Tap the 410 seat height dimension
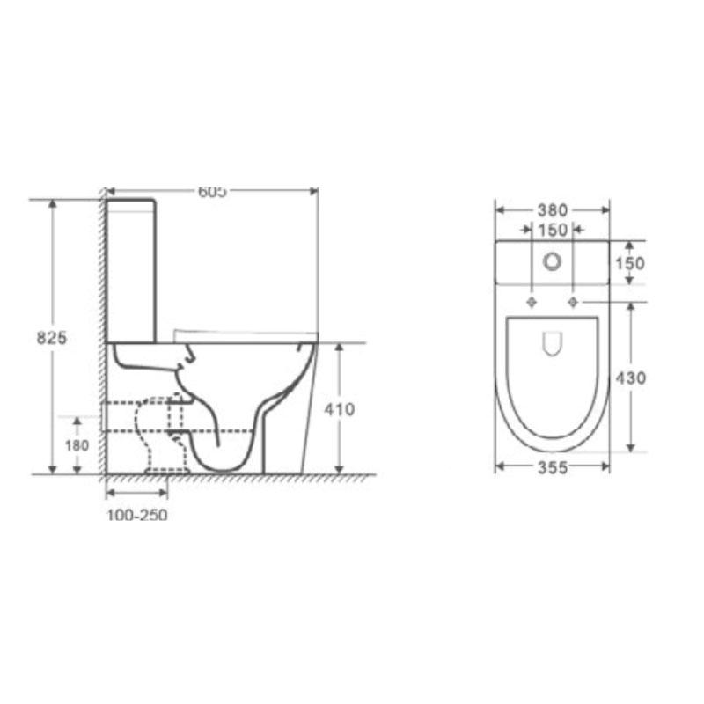point(340,409)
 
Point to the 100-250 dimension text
point(137,515)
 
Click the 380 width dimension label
point(553,210)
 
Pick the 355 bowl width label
point(553,467)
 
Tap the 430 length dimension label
point(631,378)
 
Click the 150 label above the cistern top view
point(553,230)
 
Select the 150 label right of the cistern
point(631,262)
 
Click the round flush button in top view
point(553,260)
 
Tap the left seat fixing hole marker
point(532,302)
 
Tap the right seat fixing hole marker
point(574,302)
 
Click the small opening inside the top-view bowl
point(553,345)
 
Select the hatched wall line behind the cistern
point(102,334)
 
